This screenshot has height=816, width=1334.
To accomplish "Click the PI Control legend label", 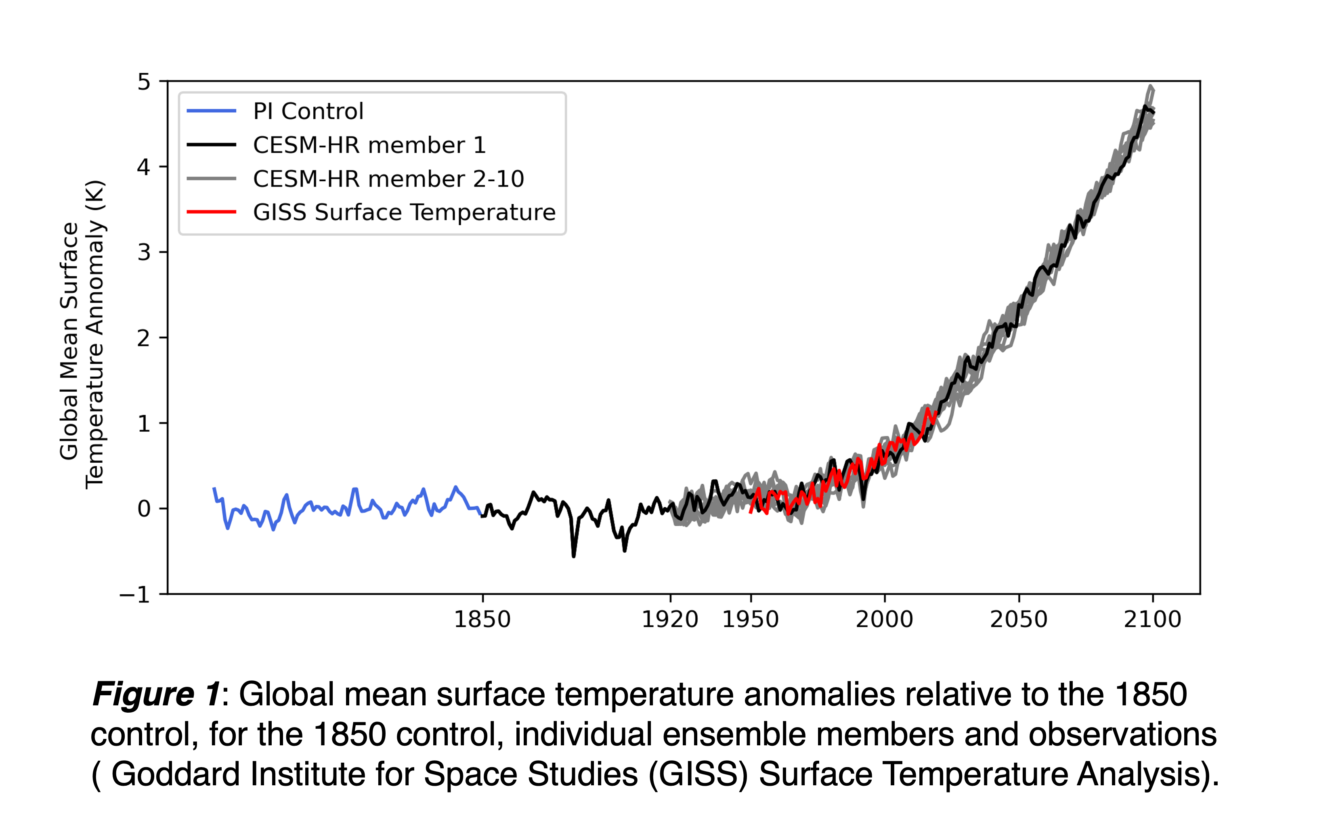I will (x=308, y=111).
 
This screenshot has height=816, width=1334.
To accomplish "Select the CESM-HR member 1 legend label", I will (x=369, y=145).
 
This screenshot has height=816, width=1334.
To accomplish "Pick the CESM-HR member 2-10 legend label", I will (x=388, y=179).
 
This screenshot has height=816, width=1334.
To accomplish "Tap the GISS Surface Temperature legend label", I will (x=404, y=212).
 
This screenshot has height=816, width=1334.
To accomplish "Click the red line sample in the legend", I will (x=211, y=212).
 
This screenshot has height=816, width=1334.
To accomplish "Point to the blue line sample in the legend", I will (x=211, y=111).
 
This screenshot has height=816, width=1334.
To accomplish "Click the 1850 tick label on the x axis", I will (x=482, y=619).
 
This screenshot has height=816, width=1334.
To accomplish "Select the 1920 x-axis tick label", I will (x=670, y=619).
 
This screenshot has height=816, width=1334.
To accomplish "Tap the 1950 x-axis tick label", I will (x=750, y=619).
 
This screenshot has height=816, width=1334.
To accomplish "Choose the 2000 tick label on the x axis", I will (x=884, y=619).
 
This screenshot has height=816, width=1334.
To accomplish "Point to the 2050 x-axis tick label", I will (x=1018, y=619).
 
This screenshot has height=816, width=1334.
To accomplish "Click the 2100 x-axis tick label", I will (x=1152, y=619).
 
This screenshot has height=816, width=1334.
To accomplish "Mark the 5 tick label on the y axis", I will (x=143, y=82).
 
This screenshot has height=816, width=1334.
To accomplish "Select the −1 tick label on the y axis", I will (x=135, y=595).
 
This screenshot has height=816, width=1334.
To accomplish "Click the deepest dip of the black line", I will (x=573, y=556).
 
